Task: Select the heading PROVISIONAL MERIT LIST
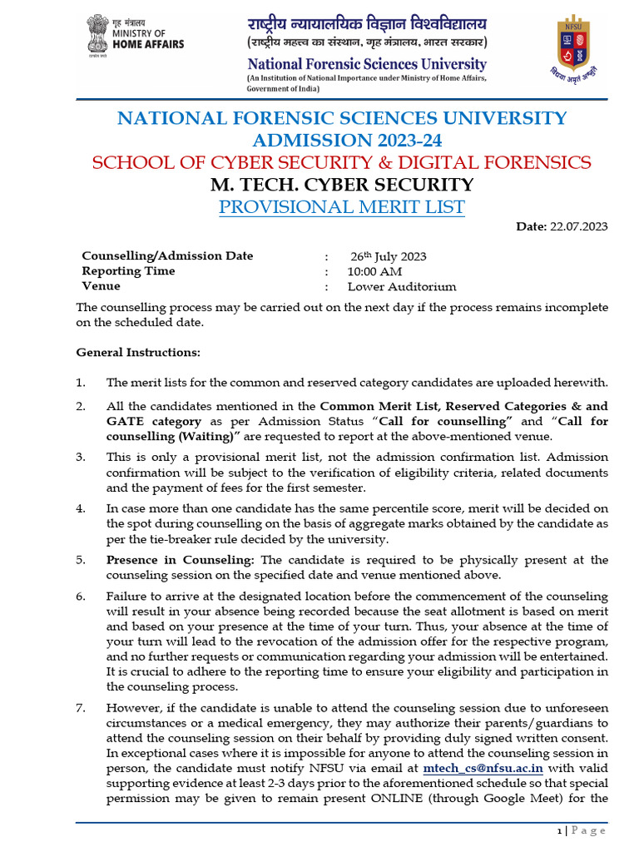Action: pyautogui.click(x=341, y=207)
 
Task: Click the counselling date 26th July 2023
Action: pyautogui.click(x=388, y=256)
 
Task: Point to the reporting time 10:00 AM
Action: pyautogui.click(x=374, y=271)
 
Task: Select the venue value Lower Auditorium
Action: pyautogui.click(x=402, y=286)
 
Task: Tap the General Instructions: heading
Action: pyautogui.click(x=138, y=352)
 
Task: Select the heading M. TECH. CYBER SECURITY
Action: pyautogui.click(x=341, y=185)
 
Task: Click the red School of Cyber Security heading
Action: pyautogui.click(x=341, y=162)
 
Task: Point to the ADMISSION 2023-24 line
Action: pyautogui.click(x=341, y=140)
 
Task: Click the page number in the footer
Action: pyautogui.click(x=558, y=830)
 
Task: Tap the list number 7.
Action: pyautogui.click(x=81, y=708)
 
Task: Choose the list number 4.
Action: pyautogui.click(x=81, y=508)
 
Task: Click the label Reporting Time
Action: pyautogui.click(x=128, y=271)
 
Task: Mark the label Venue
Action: pyautogui.click(x=101, y=286)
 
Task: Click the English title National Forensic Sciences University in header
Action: pyautogui.click(x=366, y=63)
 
